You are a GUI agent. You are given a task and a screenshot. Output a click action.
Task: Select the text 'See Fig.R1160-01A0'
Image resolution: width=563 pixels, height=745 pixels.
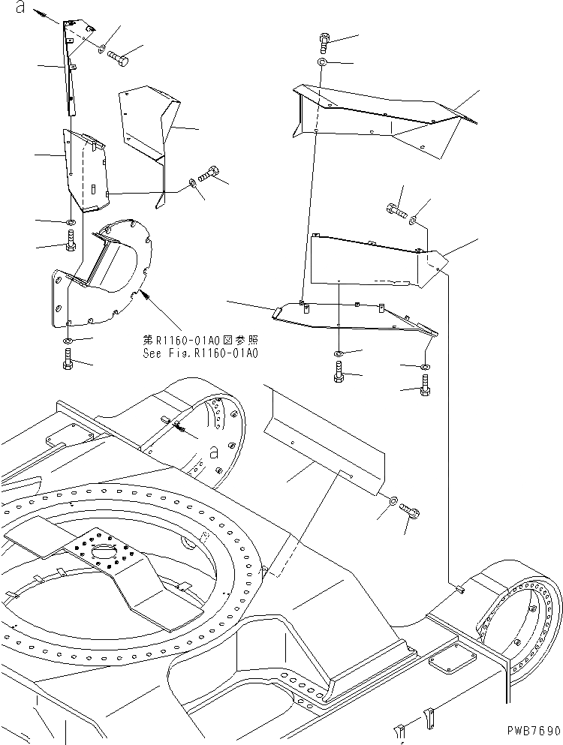[200, 353]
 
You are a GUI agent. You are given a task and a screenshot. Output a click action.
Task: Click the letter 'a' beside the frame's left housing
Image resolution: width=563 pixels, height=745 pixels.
[214, 452]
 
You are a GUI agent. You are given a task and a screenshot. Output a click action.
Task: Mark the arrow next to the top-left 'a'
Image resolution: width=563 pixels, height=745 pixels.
[47, 14]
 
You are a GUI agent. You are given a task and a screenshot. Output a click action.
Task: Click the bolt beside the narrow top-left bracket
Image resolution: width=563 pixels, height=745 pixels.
[118, 56]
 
